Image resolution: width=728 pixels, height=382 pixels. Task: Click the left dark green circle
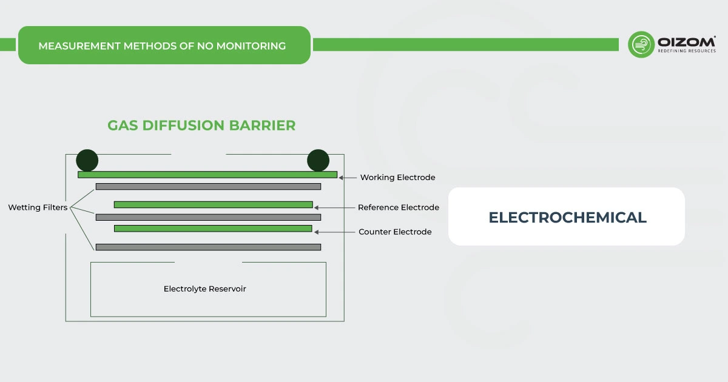87,160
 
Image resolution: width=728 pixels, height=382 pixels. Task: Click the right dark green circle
318,160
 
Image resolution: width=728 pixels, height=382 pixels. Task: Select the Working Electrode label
397,178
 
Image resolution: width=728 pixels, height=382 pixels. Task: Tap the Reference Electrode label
398,207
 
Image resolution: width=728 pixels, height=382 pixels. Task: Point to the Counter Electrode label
395,232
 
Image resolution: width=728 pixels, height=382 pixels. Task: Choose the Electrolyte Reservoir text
205,289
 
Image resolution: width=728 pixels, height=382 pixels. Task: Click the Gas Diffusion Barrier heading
201,126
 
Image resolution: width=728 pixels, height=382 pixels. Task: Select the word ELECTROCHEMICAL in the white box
567,217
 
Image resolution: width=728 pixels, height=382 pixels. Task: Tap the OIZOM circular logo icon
641,45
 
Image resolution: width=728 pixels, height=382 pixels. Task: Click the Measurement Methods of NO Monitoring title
162,45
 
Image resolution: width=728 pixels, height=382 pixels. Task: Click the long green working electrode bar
207,175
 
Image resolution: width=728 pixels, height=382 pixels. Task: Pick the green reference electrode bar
213,204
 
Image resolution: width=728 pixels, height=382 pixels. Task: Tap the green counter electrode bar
213,229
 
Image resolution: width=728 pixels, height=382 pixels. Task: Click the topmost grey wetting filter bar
208,186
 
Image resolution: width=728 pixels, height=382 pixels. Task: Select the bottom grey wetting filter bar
208,247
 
